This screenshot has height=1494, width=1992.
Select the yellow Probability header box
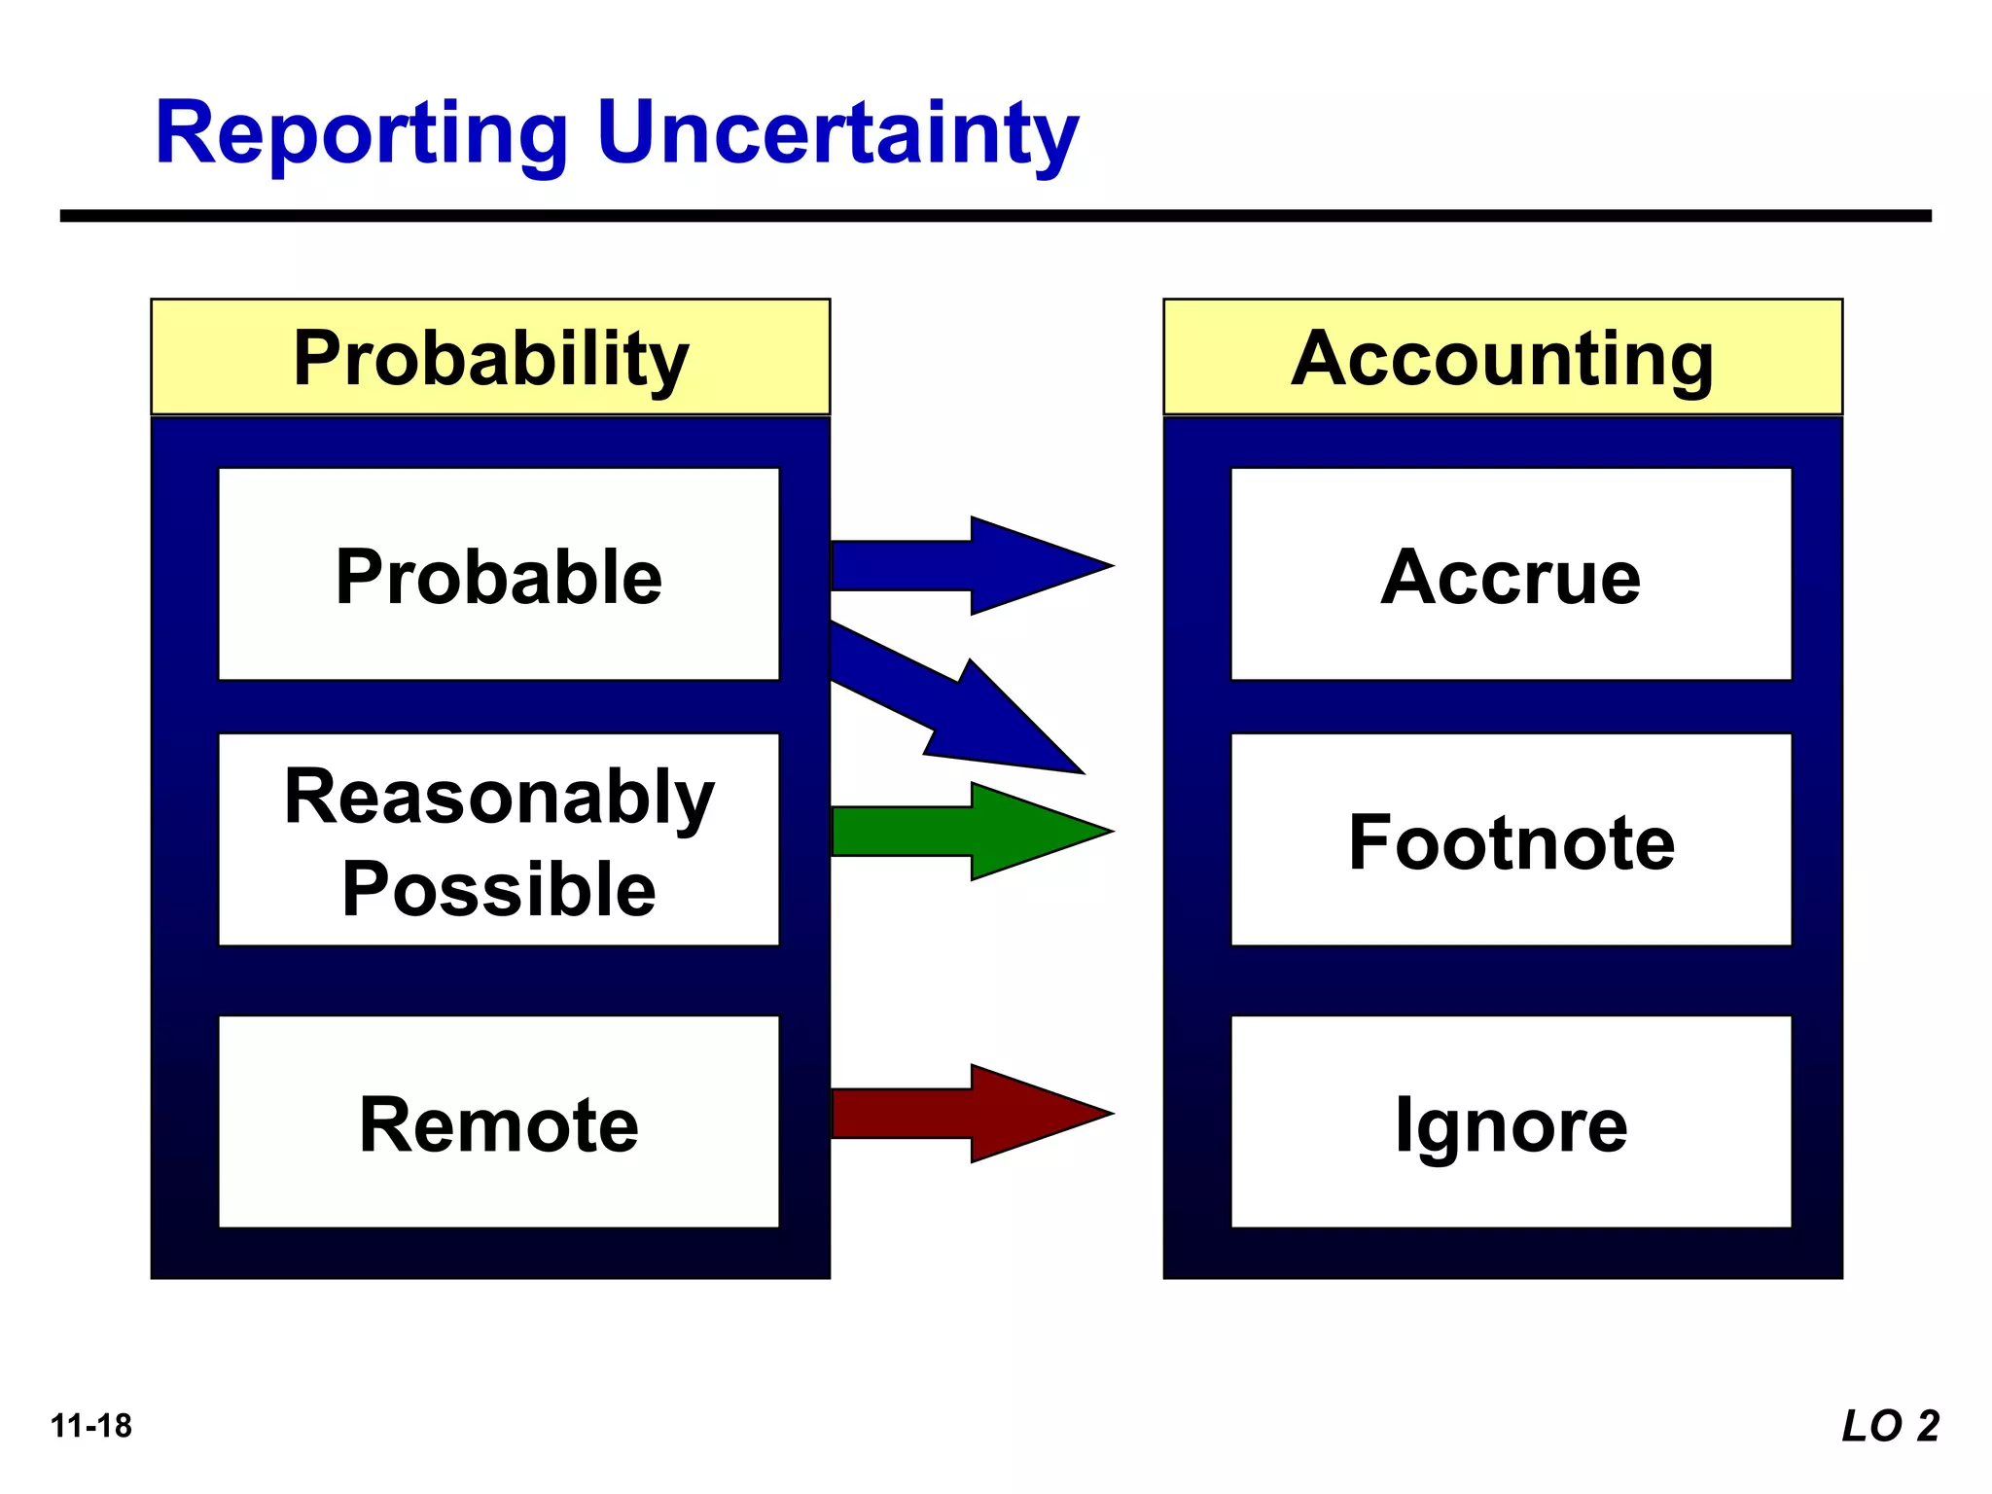(x=490, y=358)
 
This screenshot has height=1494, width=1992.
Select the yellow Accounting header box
(x=1503, y=358)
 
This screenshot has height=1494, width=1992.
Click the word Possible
(x=499, y=889)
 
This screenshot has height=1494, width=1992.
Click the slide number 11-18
(x=90, y=1426)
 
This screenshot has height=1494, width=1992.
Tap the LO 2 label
(x=1890, y=1426)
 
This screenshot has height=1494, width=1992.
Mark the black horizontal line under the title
(x=995, y=216)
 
